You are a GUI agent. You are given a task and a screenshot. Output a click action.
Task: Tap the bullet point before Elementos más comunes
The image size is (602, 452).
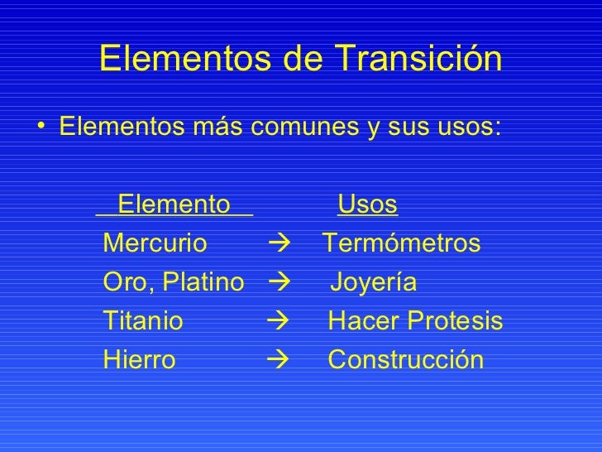(41, 129)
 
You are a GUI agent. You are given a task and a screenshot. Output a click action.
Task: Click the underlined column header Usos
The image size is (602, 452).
(368, 204)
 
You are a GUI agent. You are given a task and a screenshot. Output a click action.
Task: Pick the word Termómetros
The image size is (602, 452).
(401, 244)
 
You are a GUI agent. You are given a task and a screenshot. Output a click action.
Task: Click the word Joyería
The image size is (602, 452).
(374, 284)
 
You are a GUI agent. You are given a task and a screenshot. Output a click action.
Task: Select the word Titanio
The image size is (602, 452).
(142, 321)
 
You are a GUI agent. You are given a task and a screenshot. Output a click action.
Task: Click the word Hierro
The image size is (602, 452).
(139, 360)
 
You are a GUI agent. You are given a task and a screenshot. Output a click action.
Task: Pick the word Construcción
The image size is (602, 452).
(405, 360)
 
